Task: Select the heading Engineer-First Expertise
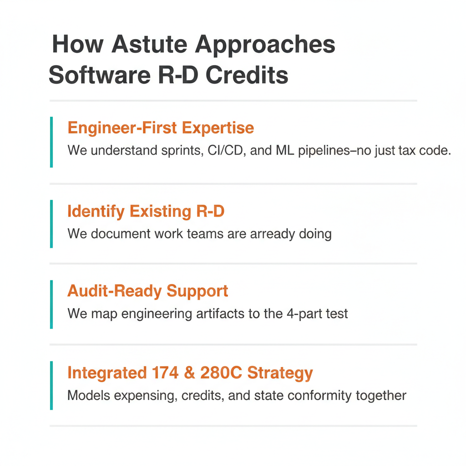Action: (x=161, y=128)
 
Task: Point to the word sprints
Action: (x=177, y=150)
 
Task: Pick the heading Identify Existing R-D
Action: (x=146, y=211)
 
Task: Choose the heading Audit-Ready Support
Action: (x=148, y=291)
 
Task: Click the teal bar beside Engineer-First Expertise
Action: (x=51, y=142)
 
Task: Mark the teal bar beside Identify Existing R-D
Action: (x=51, y=224)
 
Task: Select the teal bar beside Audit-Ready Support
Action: (x=51, y=304)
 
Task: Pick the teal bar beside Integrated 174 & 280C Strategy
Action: (x=51, y=385)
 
